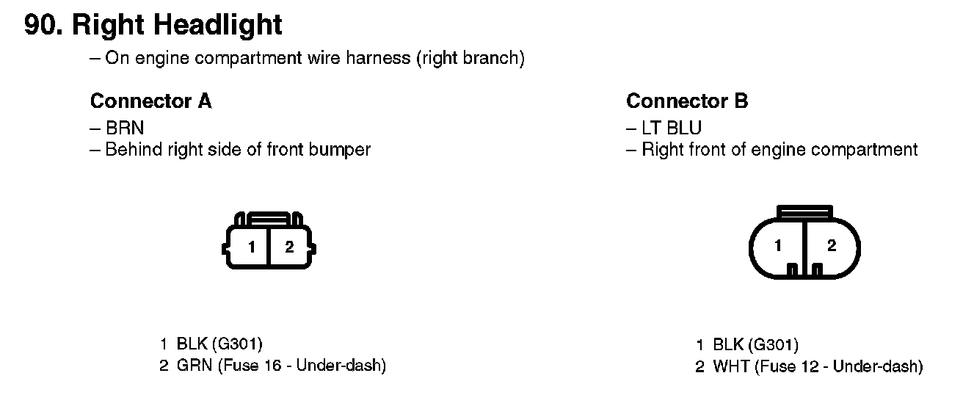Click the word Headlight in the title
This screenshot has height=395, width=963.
pyautogui.click(x=218, y=25)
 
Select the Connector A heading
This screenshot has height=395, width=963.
pyautogui.click(x=150, y=101)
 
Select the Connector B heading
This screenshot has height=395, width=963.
pyautogui.click(x=687, y=101)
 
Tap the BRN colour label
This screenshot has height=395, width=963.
pyautogui.click(x=125, y=128)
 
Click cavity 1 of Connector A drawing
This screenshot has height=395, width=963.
pyautogui.click(x=251, y=247)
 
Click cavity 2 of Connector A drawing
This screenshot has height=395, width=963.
pyautogui.click(x=289, y=247)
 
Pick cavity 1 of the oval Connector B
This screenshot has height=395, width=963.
pyautogui.click(x=777, y=246)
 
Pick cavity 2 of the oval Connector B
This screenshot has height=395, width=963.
pyautogui.click(x=831, y=246)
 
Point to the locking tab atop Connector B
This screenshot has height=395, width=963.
pyautogui.click(x=804, y=211)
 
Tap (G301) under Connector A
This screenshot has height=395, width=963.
pyautogui.click(x=236, y=343)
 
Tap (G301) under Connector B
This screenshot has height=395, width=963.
pyautogui.click(x=773, y=344)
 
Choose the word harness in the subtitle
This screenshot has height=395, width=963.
pyautogui.click(x=374, y=58)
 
